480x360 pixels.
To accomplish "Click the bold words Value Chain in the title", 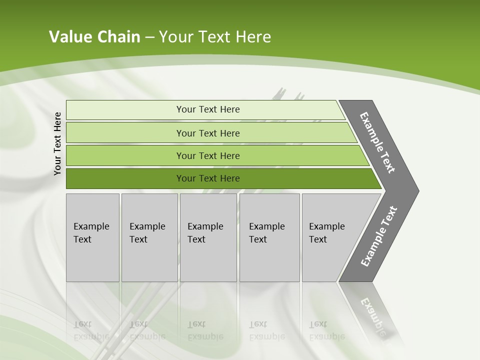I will coord(94,37).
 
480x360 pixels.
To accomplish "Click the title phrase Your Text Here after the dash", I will coord(215,37).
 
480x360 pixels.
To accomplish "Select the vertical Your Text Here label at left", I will coord(57,143).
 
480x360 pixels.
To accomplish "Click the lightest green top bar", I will coord(125,110).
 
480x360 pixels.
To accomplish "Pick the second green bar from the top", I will coord(125,133).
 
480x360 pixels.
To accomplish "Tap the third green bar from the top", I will coord(125,155).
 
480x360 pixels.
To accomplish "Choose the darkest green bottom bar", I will coord(125,178).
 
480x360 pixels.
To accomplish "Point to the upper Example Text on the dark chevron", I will coord(377,142).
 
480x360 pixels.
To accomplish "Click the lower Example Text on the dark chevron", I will coord(379,236).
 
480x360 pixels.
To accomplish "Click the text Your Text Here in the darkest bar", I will coord(208,178).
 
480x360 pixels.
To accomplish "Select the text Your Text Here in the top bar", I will coord(208,109).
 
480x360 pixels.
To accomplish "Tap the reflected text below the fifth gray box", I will coord(326,330).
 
